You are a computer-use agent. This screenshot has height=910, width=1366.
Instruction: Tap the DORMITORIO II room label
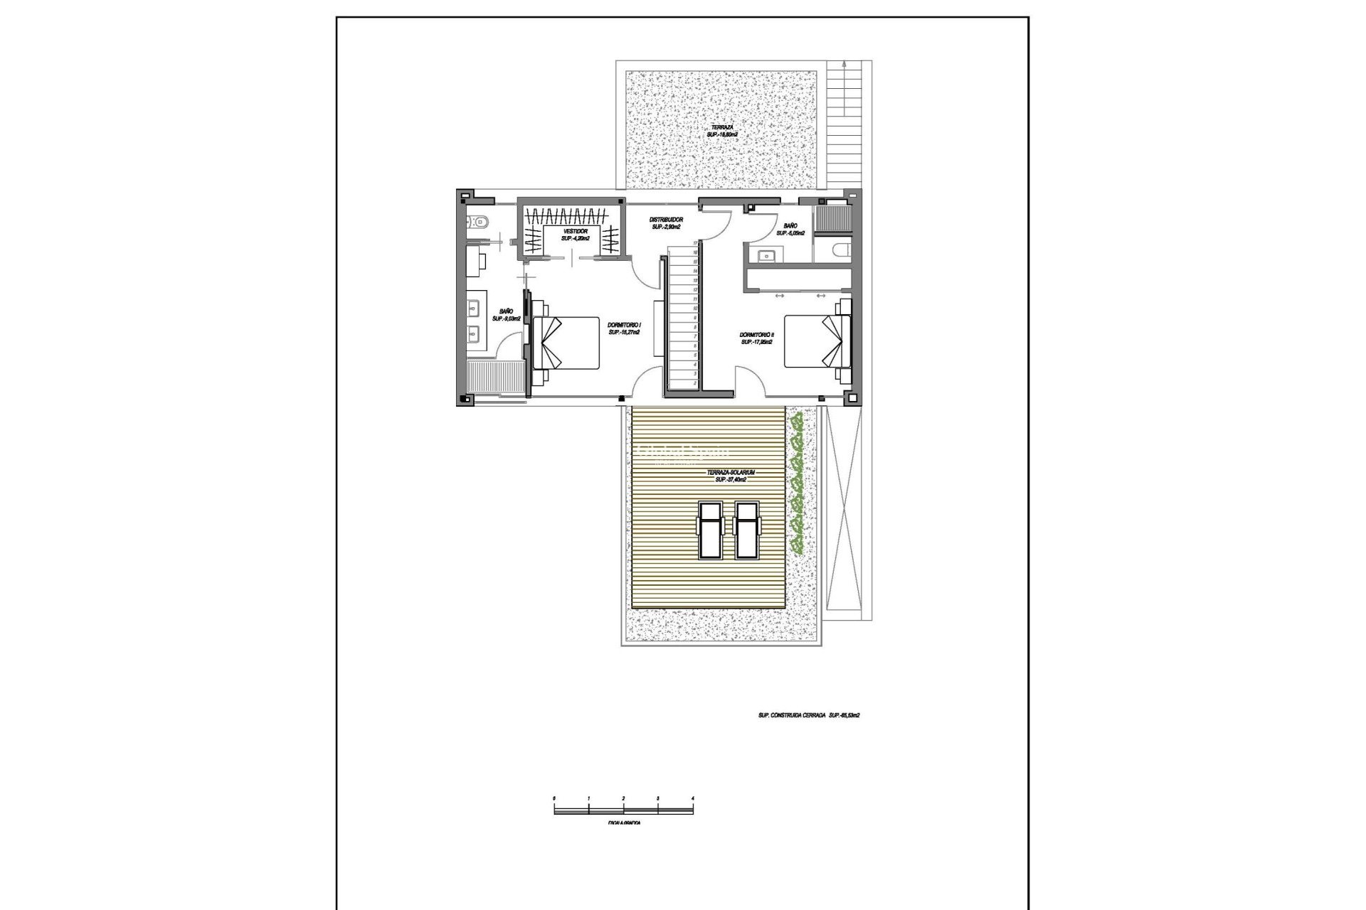[756, 334]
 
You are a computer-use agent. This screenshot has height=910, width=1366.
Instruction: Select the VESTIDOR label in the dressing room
[575, 232]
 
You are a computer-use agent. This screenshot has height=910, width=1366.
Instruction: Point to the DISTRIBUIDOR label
[666, 220]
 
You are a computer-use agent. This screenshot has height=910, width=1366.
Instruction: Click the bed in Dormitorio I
[567, 342]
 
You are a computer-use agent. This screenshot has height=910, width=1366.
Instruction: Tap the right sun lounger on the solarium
[746, 530]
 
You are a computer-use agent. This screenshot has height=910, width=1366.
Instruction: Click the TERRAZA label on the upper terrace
[721, 127]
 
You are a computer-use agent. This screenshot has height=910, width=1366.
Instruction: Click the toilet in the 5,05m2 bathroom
[839, 250]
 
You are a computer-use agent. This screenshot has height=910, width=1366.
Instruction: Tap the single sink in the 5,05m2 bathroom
[767, 256]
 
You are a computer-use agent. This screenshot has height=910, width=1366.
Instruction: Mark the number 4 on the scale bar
[692, 799]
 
